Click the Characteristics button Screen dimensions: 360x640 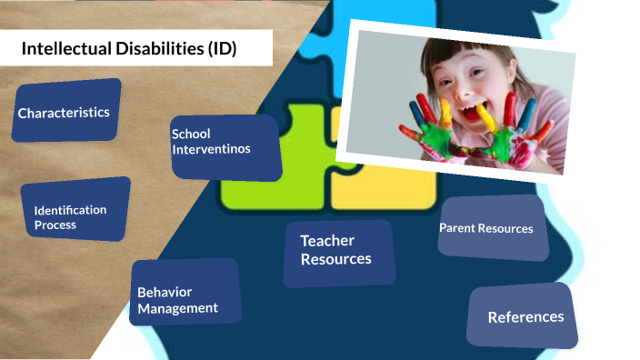pyautogui.click(x=65, y=112)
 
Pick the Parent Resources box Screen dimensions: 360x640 pyautogui.click(x=492, y=228)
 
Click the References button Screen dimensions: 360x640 pyautogui.click(x=524, y=316)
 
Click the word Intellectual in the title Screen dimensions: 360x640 pyautogui.click(x=62, y=49)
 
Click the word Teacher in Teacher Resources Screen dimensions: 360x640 pyautogui.click(x=327, y=241)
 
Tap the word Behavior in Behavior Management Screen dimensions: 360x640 pyautogui.click(x=165, y=293)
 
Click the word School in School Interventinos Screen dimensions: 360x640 pyautogui.click(x=191, y=135)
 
